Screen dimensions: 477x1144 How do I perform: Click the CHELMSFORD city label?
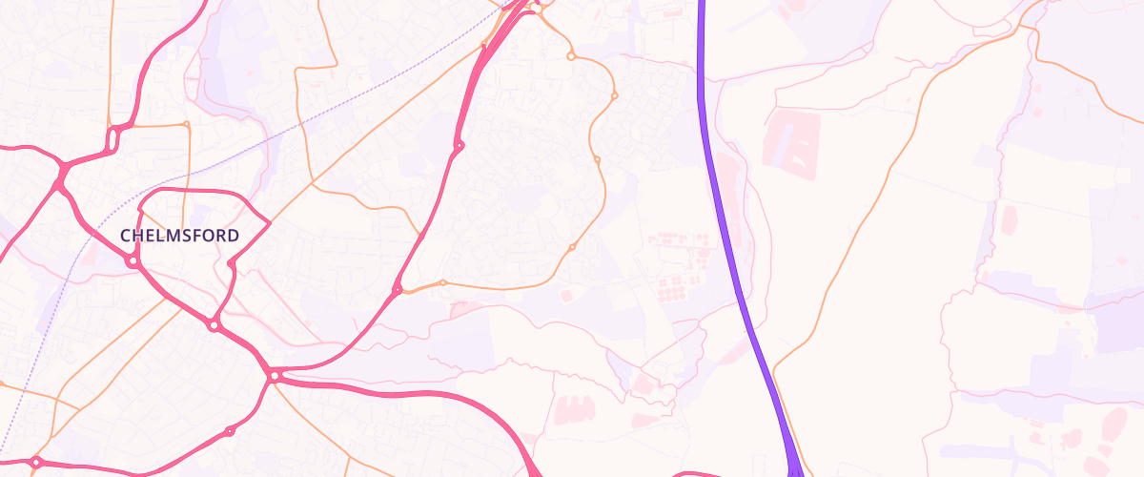point(179,235)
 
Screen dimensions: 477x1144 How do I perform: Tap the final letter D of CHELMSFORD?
point(234,235)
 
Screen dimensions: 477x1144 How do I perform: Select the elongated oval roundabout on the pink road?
point(113,139)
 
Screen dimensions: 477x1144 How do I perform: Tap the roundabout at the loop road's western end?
point(133,260)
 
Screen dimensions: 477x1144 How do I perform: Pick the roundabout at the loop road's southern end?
point(214,326)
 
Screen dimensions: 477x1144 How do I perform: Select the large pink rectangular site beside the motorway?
point(790,141)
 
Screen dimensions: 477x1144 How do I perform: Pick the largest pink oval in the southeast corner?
point(1112,422)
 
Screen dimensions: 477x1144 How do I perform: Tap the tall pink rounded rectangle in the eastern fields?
point(1009,220)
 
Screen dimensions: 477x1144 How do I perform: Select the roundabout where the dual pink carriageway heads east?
point(275,377)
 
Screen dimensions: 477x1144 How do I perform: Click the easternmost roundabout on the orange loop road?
point(614,96)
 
